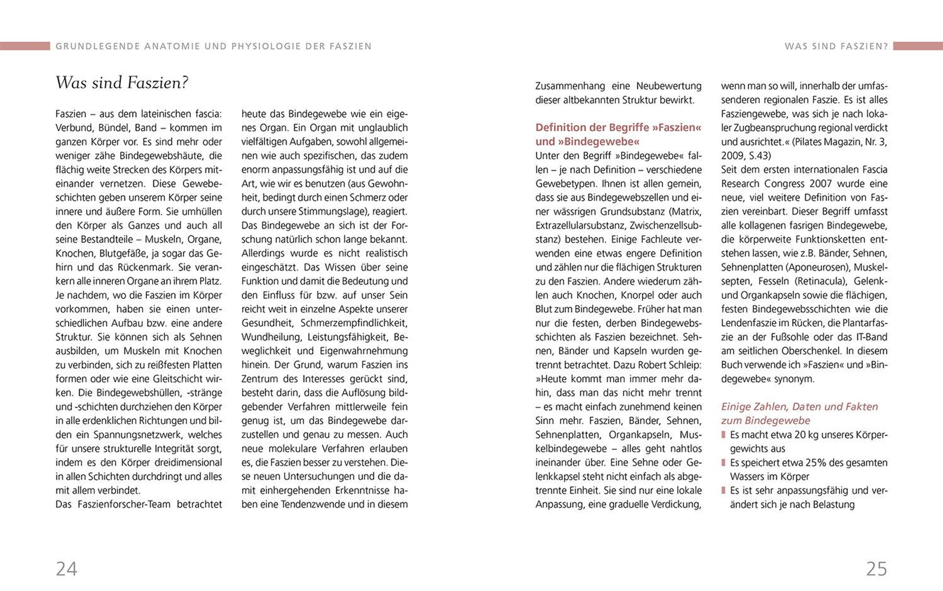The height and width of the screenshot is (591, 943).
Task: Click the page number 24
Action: click(66, 569)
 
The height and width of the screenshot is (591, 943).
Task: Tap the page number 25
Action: click(877, 569)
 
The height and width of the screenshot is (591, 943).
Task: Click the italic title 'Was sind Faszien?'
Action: click(122, 83)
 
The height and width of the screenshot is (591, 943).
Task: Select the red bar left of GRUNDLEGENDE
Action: click(25, 46)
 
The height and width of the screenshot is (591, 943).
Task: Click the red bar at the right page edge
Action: click(918, 46)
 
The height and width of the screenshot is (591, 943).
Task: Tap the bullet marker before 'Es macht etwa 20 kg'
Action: click(723, 435)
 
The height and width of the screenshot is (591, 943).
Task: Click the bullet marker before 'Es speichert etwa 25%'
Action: click(723, 463)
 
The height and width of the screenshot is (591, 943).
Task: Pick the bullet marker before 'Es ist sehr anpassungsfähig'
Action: click(723, 491)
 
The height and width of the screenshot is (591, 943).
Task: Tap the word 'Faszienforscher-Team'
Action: click(124, 505)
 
